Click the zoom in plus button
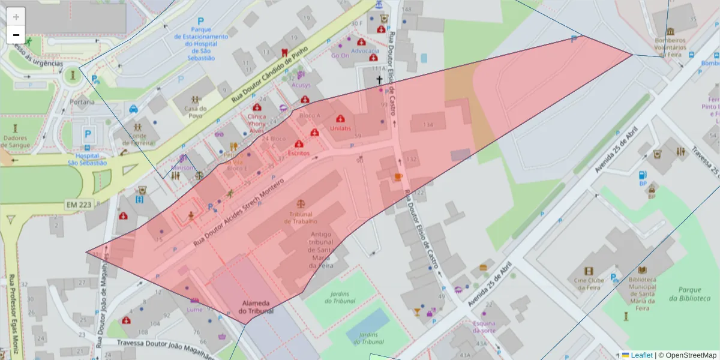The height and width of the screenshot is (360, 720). tap(16, 16)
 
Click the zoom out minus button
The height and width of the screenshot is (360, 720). tap(16, 35)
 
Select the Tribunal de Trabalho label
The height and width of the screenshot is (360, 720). tap(301, 218)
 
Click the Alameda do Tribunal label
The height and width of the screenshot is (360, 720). tap(256, 307)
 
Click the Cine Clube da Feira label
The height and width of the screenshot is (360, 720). tap(589, 283)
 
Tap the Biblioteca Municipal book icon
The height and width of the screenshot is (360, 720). tap(642, 270)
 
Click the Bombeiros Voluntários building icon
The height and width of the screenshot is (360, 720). tap(670, 31)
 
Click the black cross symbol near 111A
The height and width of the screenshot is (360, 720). tap(379, 79)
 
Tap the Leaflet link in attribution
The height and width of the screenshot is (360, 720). tap(641, 355)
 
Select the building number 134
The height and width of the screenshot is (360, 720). tap(428, 125)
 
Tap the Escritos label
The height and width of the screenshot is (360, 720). tap(299, 153)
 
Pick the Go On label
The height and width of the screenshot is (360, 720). tap(340, 56)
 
